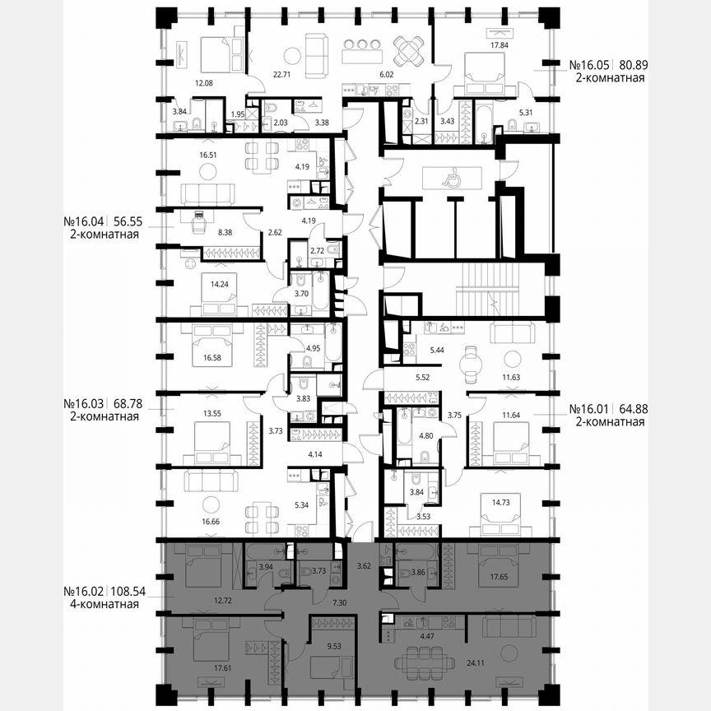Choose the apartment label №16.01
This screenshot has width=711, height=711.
coord(587,409)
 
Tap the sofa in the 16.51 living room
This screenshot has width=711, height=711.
coord(207,193)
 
